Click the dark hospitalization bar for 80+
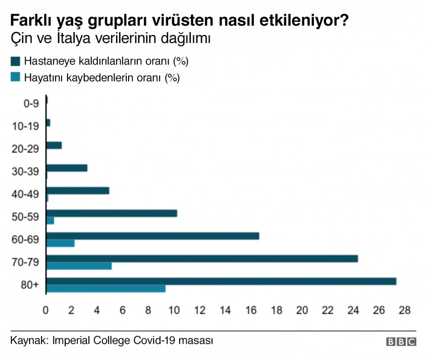point(221,282)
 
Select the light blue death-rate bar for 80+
point(106,289)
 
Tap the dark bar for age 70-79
point(202,258)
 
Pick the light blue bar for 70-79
point(79,266)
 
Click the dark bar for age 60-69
point(152,236)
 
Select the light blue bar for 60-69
point(61,243)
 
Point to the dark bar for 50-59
point(111,213)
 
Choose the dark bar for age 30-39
point(67,168)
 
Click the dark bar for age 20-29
point(54,145)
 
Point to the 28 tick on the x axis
point(404,310)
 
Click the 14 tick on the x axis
point(225,310)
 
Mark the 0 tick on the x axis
point(46,310)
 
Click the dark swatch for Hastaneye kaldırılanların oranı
point(15,61)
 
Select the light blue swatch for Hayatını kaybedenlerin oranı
point(15,78)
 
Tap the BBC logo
point(401,342)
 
